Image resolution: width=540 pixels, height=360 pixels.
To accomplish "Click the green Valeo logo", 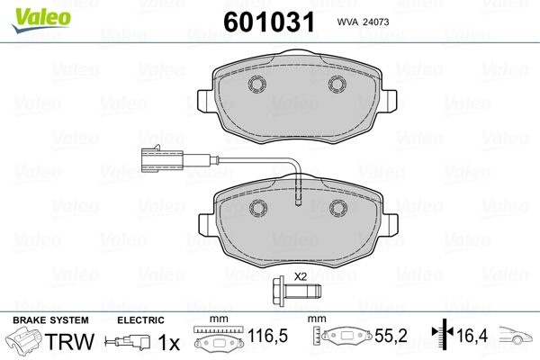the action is pos(41,20).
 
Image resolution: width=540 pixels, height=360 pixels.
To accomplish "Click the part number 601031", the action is pos(269,22).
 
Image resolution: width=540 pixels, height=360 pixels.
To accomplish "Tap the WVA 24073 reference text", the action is pos(363,22).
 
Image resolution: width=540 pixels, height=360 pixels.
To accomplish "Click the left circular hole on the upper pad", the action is pos(257,84).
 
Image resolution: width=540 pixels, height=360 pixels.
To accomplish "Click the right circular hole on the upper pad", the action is pos(337,84).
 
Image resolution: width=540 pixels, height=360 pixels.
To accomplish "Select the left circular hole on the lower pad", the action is pos(258,208).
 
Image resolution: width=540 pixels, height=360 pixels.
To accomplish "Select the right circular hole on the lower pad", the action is pos(338,208).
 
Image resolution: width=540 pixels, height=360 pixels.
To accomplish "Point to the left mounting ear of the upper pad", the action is pos(205,101).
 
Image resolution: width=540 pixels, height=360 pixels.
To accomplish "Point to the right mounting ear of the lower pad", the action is pos(390,225).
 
